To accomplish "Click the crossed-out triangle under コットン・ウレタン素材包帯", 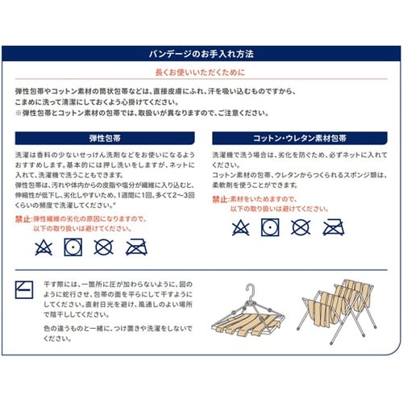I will pyautogui.click(x=240, y=227).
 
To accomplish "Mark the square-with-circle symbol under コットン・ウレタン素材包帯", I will pyautogui.click(x=270, y=227).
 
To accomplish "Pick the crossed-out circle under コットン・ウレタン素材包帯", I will pyautogui.click(x=301, y=227).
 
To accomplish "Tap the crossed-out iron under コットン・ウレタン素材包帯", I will pyautogui.click(x=333, y=227).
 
